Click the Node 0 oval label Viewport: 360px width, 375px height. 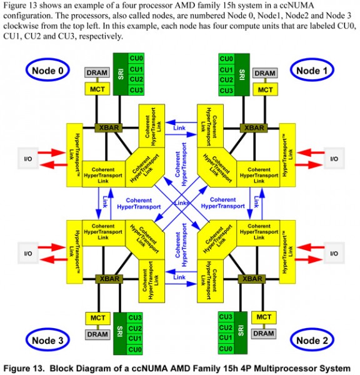(x=47, y=70)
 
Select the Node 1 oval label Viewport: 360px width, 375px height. (x=312, y=70)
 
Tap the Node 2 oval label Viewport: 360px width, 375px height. (x=312, y=340)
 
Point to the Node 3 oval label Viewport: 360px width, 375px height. (x=47, y=340)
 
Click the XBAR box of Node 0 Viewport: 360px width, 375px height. (x=109, y=127)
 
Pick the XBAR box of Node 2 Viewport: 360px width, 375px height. (x=252, y=279)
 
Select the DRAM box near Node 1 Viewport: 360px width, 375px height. (x=265, y=73)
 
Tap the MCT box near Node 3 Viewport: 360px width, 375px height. (x=97, y=318)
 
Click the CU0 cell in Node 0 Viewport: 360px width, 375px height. (x=136, y=58)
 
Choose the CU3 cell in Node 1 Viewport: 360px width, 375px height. (x=226, y=91)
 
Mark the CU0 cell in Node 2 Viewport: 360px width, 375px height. (x=226, y=349)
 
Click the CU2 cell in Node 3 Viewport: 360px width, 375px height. (x=135, y=328)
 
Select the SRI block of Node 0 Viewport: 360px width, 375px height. (x=121, y=74)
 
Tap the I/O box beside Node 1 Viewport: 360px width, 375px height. (x=334, y=159)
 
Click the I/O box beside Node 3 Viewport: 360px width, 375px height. (x=28, y=253)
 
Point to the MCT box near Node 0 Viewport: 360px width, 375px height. (x=97, y=89)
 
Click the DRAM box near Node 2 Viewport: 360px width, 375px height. (x=263, y=333)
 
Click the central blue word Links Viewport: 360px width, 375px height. (x=181, y=203)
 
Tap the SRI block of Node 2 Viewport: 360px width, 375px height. (x=241, y=333)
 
